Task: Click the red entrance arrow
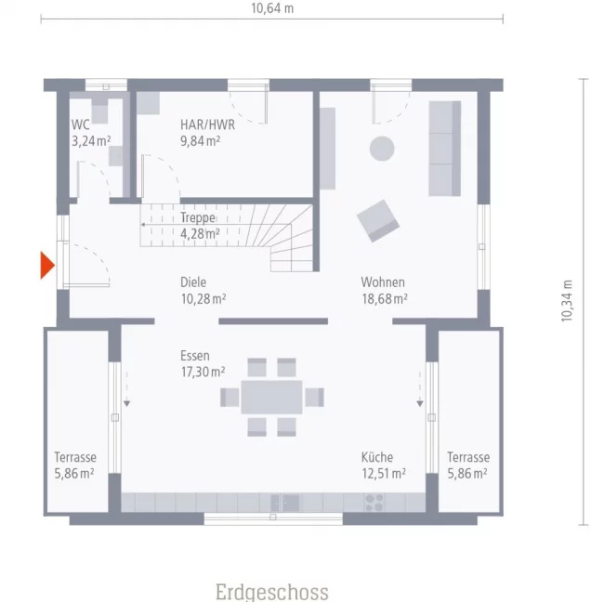46,265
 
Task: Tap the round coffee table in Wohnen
382,149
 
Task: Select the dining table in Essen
271,397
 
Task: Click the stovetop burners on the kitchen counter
374,503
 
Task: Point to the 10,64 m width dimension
272,8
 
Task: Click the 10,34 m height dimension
567,301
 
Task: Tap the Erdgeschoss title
272,592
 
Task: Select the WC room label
80,124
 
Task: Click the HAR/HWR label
208,124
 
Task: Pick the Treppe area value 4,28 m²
200,234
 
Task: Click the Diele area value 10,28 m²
204,299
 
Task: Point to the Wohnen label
383,282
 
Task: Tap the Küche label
377,457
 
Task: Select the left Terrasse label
75,457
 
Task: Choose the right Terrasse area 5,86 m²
467,474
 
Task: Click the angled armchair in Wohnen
378,221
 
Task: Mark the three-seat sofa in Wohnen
445,149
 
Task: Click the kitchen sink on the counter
285,503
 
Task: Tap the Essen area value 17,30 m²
204,372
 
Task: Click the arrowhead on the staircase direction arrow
142,225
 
